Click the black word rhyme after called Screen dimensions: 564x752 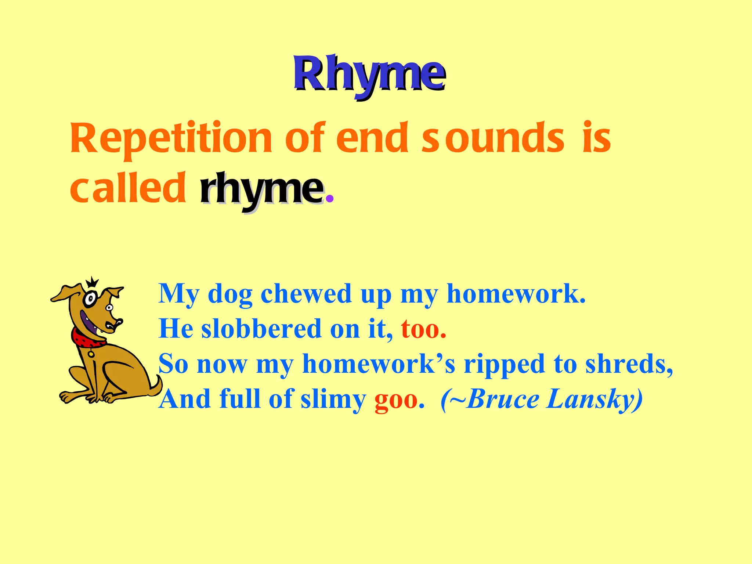coord(261,189)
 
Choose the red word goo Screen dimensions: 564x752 coord(396,399)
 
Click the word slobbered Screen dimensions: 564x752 coord(261,328)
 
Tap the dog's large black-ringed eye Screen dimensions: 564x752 coord(90,299)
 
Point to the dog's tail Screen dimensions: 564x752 coord(156,386)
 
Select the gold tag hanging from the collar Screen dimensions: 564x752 coord(91,354)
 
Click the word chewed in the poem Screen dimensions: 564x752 coord(306,294)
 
